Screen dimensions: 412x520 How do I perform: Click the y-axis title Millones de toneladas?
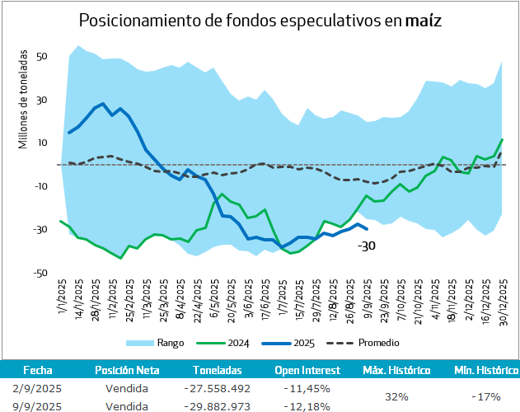pyautogui.click(x=23, y=100)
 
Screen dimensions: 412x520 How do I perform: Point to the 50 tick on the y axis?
pyautogui.click(x=42, y=57)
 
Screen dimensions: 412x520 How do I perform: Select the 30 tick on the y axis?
pyautogui.click(x=42, y=100)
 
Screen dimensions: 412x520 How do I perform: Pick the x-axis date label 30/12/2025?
pyautogui.click(x=504, y=302)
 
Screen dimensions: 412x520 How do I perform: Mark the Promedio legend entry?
pyautogui.click(x=381, y=342)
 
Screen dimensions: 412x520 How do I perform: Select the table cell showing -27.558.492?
pyautogui.click(x=217, y=388)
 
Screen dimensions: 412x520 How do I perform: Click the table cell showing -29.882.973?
pyautogui.click(x=217, y=405)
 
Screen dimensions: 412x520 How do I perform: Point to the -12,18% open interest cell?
pyautogui.click(x=306, y=405)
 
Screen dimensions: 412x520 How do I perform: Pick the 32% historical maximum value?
pyautogui.click(x=396, y=396)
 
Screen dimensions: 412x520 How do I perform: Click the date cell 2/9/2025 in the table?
pyautogui.click(x=38, y=388)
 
